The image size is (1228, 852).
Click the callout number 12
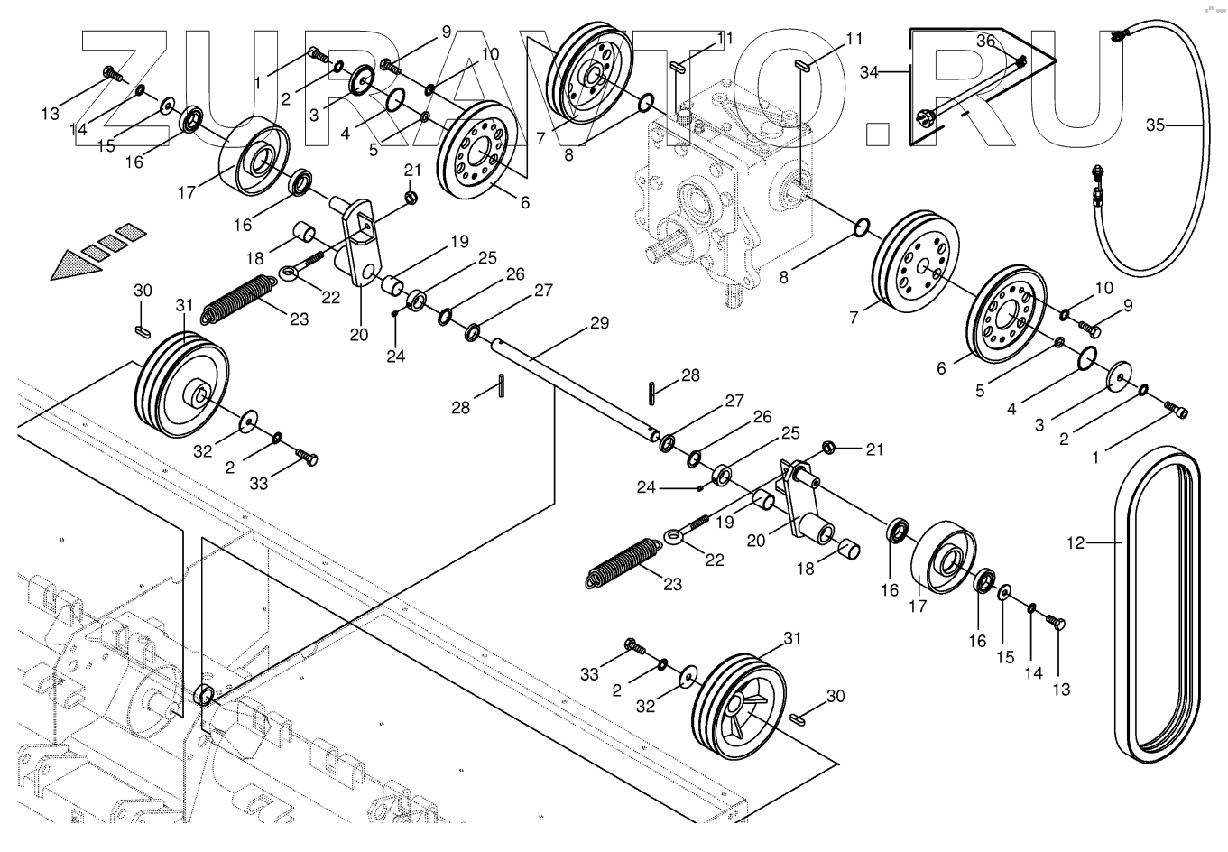coord(1076,542)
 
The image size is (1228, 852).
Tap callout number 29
coord(600,322)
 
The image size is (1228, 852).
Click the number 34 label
coord(869,72)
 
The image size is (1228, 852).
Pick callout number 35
coord(1156,125)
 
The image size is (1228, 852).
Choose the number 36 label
coord(985,41)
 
